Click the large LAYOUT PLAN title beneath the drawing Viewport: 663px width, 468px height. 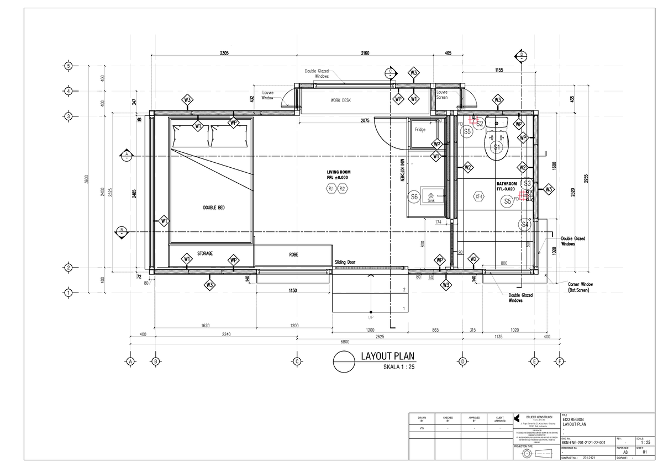pyautogui.click(x=387, y=357)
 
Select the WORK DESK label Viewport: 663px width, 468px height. pyautogui.click(x=341, y=100)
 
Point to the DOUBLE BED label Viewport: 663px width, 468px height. pyautogui.click(x=214, y=208)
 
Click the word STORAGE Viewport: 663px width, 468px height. pyautogui.click(x=205, y=253)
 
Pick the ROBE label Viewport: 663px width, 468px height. pyautogui.click(x=293, y=255)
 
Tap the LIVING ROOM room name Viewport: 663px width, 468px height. pyautogui.click(x=338, y=172)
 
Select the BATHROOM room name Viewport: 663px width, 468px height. pyautogui.click(x=506, y=184)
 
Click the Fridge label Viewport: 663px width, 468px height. pyautogui.click(x=420, y=130)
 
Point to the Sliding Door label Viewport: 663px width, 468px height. pyautogui.click(x=344, y=263)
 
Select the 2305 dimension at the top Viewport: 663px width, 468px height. pyautogui.click(x=224, y=54)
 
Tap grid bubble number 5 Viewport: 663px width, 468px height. pyautogui.click(x=69, y=66)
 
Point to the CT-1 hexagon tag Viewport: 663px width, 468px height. pyautogui.click(x=479, y=196)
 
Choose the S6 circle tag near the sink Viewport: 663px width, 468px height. pyautogui.click(x=413, y=196)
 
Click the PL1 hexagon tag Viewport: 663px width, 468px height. pyautogui.click(x=331, y=188)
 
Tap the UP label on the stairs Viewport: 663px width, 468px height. pyautogui.click(x=370, y=318)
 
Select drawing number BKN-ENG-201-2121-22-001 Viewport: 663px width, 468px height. pyautogui.click(x=583, y=443)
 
